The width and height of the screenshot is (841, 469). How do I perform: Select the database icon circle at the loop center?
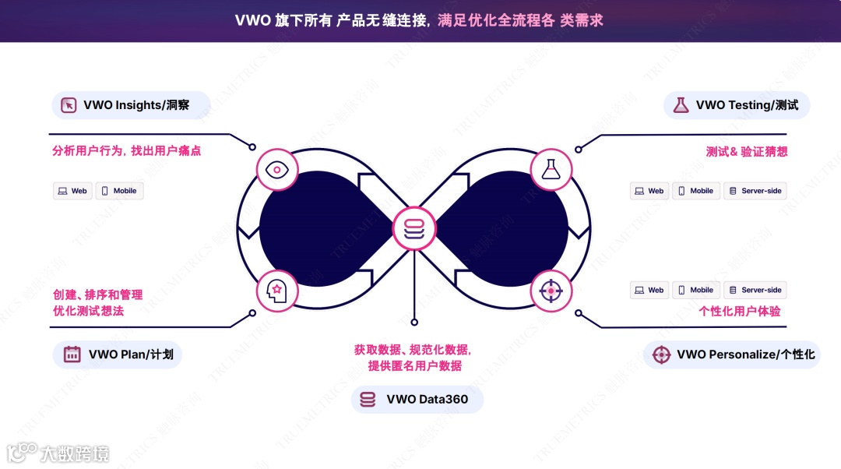point(414,228)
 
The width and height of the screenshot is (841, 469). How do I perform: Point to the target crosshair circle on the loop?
point(551,291)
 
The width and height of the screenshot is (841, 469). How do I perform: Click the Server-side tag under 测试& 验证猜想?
point(755,191)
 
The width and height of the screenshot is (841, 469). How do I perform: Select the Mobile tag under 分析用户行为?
point(119,191)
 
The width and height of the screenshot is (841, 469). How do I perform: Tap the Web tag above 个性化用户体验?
point(649,290)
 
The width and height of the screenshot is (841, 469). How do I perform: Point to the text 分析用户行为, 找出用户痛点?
point(126,151)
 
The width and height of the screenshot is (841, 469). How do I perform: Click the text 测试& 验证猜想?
point(746,151)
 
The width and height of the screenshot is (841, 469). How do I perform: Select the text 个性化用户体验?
point(740,311)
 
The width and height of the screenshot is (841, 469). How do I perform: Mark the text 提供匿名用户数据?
point(414,366)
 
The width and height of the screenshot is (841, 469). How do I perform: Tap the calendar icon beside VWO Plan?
point(72,354)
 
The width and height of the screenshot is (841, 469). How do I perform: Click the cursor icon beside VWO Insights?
point(69,105)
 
